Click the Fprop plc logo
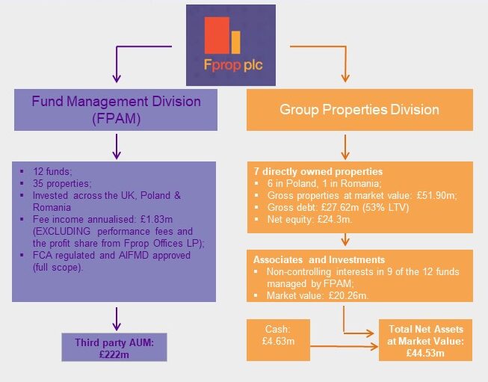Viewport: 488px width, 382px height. coord(230,45)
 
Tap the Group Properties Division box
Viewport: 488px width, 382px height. coord(359,109)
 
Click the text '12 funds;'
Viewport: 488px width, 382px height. coord(53,171)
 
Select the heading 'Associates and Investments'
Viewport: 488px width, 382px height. coord(313,261)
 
